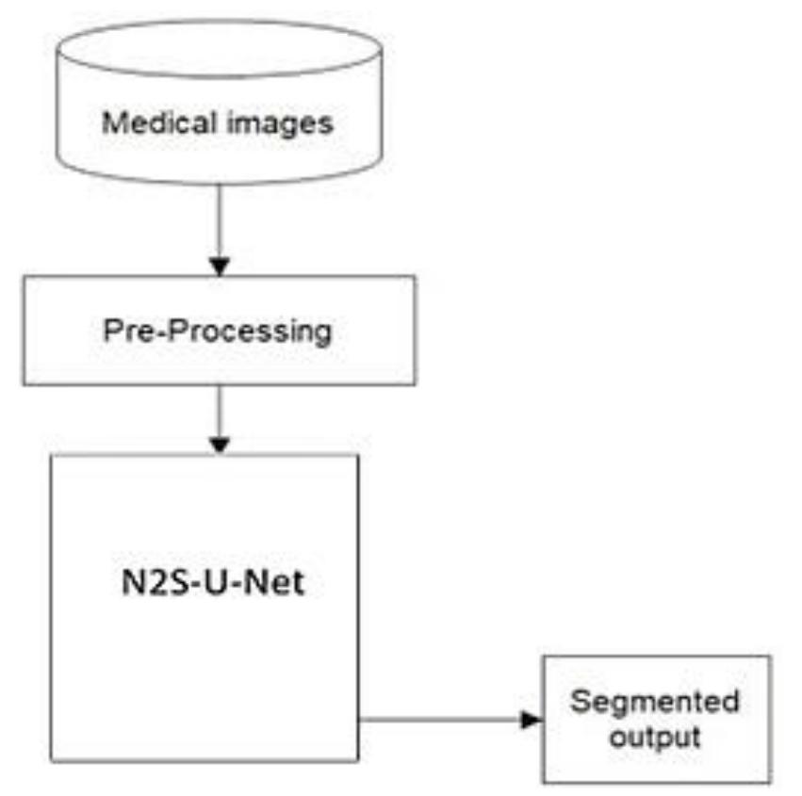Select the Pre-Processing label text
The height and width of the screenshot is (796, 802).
click(x=219, y=331)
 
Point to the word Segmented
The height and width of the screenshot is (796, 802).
click(x=656, y=702)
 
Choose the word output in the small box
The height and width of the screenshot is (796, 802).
click(x=655, y=736)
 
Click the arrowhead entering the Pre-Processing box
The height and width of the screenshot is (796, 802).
click(x=219, y=267)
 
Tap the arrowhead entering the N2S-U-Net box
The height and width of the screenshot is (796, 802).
click(x=219, y=446)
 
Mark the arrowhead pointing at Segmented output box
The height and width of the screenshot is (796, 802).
click(x=532, y=720)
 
